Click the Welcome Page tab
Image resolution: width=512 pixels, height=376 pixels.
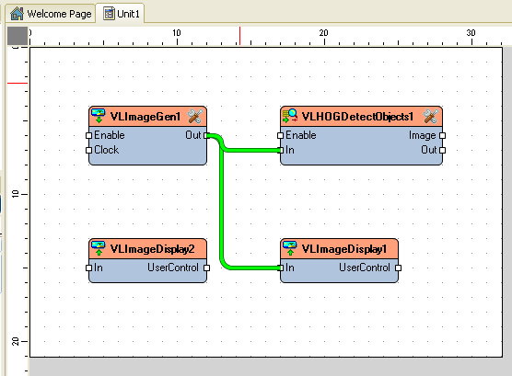51,14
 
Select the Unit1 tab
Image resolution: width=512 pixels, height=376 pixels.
122,14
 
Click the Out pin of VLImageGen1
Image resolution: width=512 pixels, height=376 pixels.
206,135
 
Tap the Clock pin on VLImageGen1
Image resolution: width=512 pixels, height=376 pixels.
88,150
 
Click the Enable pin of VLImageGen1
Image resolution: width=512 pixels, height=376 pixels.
88,135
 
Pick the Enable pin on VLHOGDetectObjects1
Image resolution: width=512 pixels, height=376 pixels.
280,135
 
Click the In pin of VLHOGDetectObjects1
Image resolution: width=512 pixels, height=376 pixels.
280,150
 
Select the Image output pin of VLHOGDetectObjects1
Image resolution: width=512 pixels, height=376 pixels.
442,135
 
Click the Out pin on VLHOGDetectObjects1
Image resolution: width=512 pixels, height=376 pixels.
442,150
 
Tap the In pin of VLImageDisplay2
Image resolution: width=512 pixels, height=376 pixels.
88,268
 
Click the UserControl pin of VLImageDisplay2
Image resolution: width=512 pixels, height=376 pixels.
206,268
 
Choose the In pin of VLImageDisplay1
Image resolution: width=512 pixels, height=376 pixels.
280,268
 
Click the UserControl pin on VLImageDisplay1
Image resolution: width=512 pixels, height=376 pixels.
398,268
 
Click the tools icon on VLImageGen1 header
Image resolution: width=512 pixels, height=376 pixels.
195,117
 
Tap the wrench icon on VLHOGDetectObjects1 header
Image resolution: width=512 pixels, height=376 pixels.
431,117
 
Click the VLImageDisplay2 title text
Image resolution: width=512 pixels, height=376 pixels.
153,249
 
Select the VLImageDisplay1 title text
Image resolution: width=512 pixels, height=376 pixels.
344,249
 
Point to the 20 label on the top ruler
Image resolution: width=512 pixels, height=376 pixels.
323,32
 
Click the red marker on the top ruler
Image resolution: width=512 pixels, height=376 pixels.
239,36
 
